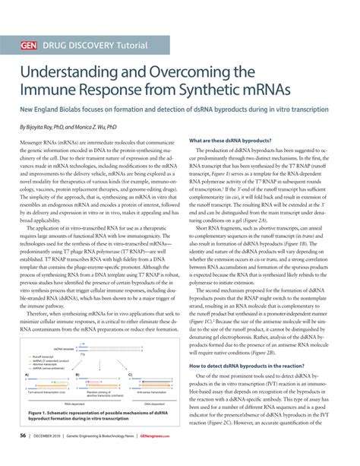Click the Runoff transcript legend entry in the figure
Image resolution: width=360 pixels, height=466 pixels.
45,356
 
